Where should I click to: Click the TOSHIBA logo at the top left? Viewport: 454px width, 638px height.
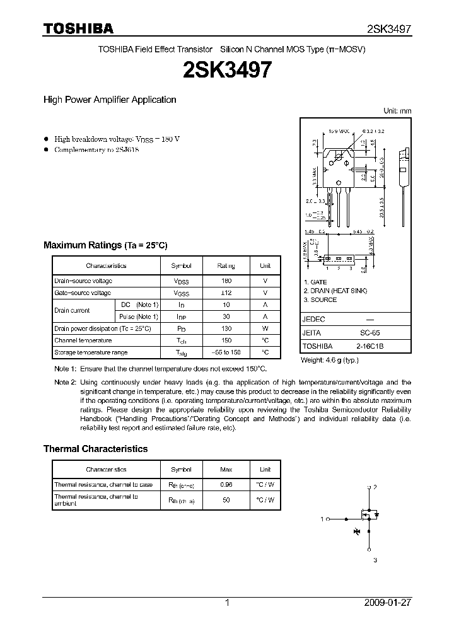78,28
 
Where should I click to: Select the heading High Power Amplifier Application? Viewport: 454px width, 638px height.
110,100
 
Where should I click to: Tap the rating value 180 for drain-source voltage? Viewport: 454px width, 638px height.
226,281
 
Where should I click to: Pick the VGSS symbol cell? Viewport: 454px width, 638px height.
182,293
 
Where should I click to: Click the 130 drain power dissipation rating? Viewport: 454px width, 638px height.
226,328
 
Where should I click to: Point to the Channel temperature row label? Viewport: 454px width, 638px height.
83,340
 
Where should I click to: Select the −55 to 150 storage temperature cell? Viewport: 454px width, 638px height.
226,352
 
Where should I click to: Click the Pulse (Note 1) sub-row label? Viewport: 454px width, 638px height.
139,316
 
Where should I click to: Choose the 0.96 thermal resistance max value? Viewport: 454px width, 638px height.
226,485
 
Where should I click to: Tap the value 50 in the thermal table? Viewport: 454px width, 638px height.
226,500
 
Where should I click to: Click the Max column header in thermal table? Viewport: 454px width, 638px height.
226,470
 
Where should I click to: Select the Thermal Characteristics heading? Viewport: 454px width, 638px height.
95,449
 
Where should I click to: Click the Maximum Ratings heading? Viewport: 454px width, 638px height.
105,245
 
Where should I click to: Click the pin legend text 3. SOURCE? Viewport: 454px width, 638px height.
320,299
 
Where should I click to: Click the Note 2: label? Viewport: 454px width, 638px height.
65,383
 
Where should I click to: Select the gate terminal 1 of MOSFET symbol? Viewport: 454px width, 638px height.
322,519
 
